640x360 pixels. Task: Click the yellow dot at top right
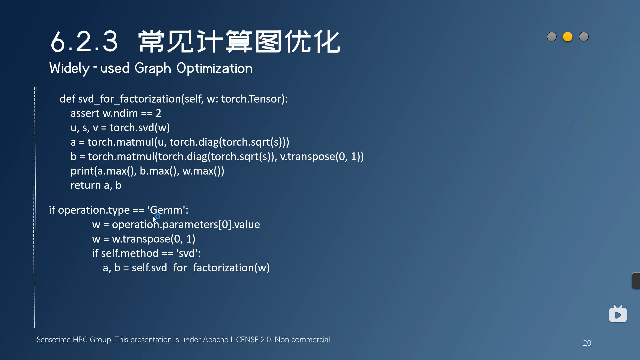click(x=568, y=37)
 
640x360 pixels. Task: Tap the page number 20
click(x=587, y=343)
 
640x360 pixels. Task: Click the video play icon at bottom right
click(x=618, y=314)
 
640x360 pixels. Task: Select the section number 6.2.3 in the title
click(x=84, y=42)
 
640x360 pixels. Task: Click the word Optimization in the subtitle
click(x=214, y=68)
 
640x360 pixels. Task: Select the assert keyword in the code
click(x=85, y=113)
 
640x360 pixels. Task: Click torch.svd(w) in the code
click(x=140, y=128)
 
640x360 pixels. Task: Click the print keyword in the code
click(x=82, y=171)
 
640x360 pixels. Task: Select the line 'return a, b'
click(x=96, y=185)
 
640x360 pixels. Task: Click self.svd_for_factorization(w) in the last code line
click(x=201, y=268)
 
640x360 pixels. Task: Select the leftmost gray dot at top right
click(x=552, y=37)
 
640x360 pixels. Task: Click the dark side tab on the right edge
click(x=636, y=281)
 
